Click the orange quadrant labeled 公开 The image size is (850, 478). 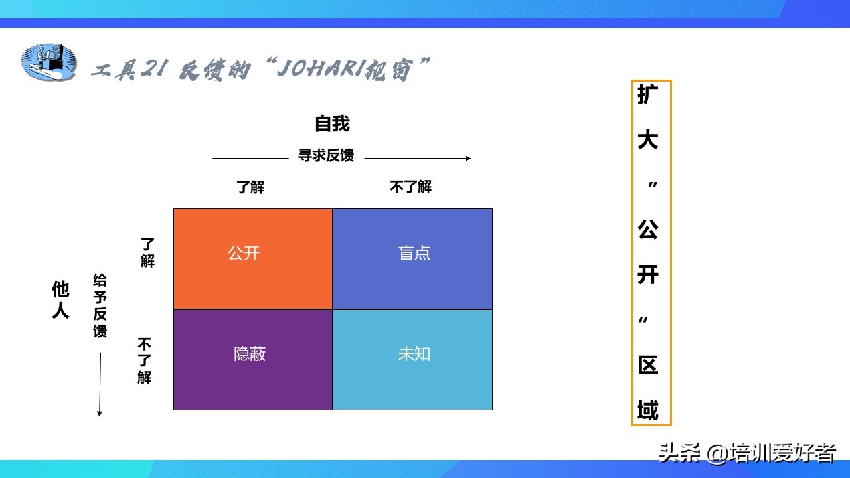point(253,259)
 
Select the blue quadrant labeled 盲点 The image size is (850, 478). point(412,259)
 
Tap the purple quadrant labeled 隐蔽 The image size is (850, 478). point(253,360)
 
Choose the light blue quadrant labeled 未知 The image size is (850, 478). point(412,360)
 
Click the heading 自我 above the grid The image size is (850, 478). point(332,123)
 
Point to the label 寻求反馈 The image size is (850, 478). point(326,155)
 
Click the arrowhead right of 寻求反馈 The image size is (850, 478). point(468,158)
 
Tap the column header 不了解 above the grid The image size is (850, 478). point(410,187)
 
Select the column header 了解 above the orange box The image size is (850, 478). point(250,187)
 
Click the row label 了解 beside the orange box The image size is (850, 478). point(147,253)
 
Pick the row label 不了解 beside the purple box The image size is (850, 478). point(145,361)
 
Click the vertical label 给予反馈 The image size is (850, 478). point(100,305)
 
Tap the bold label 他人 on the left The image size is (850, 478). point(60,299)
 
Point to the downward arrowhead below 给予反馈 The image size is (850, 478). point(100,414)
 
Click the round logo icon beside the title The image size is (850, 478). point(48,62)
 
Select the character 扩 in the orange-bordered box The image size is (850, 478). point(647,94)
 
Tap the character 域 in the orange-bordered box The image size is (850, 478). point(647,410)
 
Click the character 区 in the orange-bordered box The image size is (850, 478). point(647,365)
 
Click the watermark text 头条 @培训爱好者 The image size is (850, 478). point(747,453)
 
